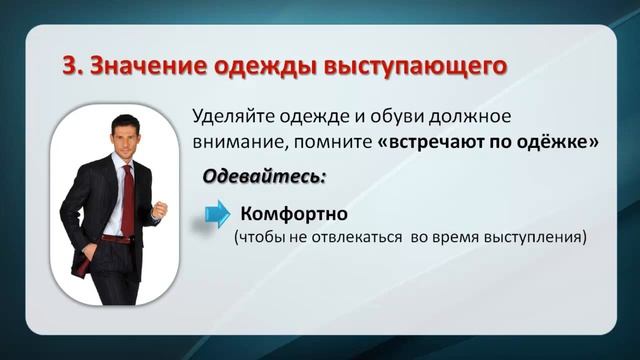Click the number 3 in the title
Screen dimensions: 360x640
(68, 66)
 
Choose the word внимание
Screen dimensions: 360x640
(234, 142)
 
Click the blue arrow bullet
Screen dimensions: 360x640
(217, 214)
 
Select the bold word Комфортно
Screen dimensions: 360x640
(292, 214)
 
